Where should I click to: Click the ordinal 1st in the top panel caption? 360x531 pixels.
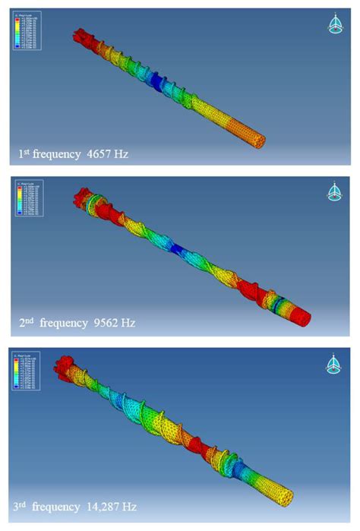point(25,153)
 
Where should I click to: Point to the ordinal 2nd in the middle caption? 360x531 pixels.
point(27,322)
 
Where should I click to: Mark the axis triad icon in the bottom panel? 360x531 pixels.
point(334,363)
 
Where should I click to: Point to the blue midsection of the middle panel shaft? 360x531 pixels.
point(180,248)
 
